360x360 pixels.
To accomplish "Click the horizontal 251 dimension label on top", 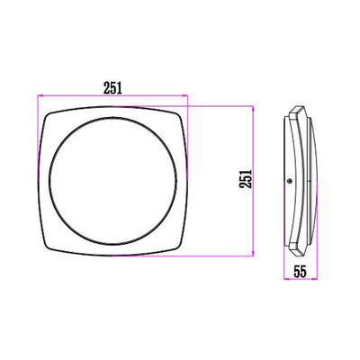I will pos(112,86).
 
